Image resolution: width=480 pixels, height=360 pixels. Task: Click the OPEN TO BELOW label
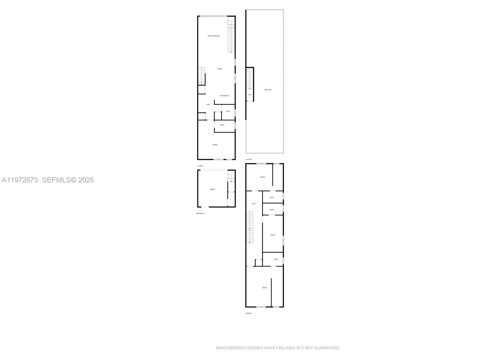214,36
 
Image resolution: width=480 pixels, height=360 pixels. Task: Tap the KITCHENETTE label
224,96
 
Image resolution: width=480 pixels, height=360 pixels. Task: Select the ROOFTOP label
268,90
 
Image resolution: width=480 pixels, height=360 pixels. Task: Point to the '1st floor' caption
200,166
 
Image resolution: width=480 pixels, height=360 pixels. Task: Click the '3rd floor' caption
249,159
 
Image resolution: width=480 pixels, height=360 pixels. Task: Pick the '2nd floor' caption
248,313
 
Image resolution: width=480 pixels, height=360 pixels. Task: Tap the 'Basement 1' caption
200,213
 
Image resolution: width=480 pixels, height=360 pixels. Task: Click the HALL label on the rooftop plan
250,94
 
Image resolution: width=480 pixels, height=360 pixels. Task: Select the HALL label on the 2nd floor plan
254,204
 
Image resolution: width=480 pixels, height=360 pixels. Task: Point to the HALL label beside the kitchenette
208,104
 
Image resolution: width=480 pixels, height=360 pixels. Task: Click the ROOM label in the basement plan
212,189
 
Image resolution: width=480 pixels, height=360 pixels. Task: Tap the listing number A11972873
20,180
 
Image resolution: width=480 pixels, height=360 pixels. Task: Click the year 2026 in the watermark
86,180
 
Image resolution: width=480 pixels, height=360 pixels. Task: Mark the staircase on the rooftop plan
250,79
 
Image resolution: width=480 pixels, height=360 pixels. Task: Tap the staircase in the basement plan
231,178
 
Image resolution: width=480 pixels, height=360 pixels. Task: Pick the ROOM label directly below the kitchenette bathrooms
215,145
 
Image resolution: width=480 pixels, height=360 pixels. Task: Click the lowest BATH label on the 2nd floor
276,259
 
